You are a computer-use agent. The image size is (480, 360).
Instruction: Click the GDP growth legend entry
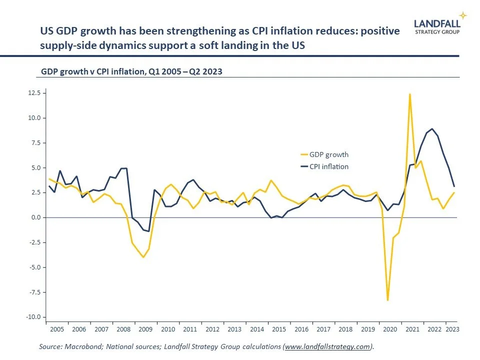click(328, 154)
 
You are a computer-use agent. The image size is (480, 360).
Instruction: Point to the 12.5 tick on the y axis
click(35, 93)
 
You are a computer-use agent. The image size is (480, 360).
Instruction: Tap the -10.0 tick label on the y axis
click(34, 317)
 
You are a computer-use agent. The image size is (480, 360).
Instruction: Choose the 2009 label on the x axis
click(145, 329)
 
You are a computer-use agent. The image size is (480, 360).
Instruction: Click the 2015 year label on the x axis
click(279, 329)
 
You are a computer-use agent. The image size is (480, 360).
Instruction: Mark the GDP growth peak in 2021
click(410, 94)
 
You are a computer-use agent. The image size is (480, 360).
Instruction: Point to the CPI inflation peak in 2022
click(432, 128)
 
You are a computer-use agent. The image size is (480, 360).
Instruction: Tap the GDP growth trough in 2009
click(143, 257)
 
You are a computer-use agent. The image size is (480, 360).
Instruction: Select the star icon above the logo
click(462, 15)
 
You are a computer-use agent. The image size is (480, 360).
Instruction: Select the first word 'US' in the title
click(47, 31)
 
